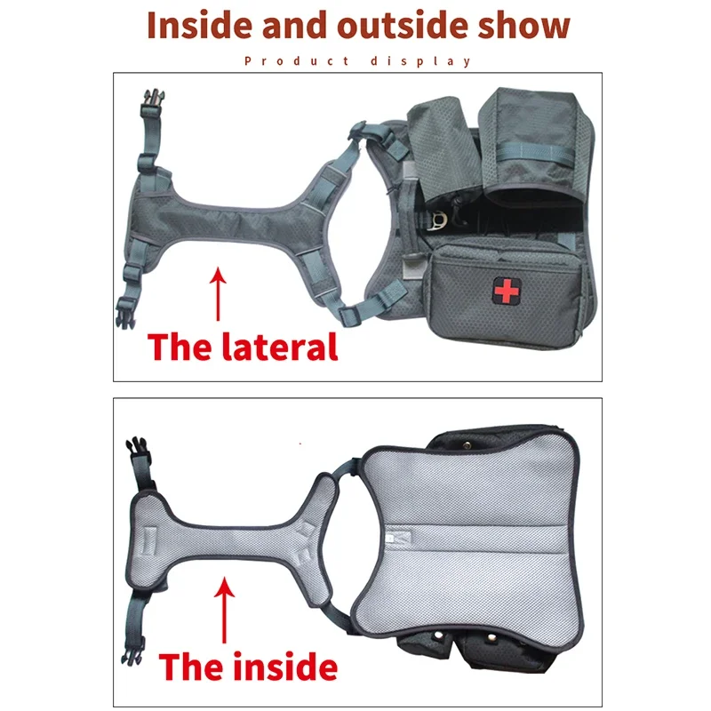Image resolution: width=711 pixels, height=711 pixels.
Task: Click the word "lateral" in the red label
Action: coord(281,346)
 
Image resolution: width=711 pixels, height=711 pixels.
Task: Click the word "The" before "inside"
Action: coord(190,666)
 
